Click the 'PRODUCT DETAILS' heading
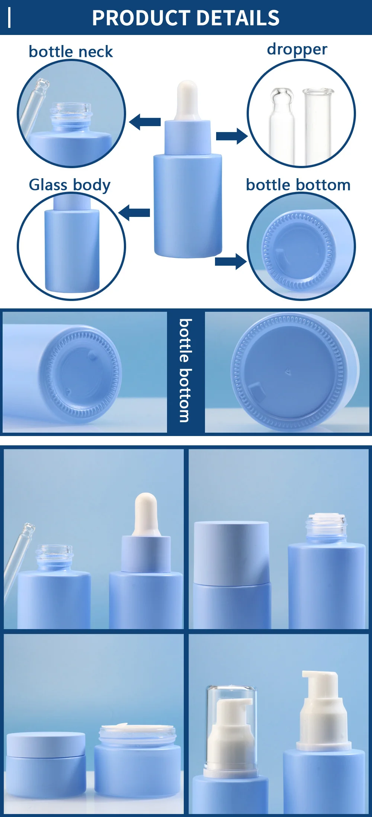[186, 18]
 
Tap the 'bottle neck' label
[71, 52]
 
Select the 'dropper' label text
[297, 49]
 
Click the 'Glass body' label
[70, 185]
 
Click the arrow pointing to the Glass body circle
[134, 212]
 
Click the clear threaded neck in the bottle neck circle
[71, 111]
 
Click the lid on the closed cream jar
[46, 744]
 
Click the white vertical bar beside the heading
[9, 18]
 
